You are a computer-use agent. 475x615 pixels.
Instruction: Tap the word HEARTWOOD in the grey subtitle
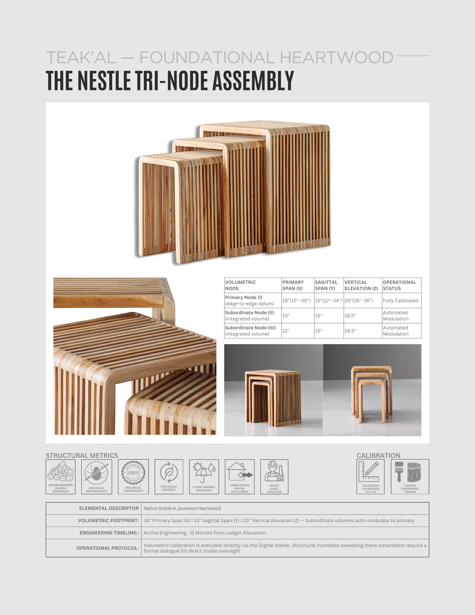point(337,58)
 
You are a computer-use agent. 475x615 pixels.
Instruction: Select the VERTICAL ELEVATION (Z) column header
point(361,285)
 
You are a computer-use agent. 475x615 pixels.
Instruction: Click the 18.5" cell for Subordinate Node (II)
point(350,316)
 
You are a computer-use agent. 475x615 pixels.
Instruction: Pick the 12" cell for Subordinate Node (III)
point(286,331)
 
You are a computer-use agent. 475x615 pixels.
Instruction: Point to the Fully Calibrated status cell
point(400,300)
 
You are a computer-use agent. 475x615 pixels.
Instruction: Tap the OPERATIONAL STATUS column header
point(399,285)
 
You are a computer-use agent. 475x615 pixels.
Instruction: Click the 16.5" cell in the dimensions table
point(350,331)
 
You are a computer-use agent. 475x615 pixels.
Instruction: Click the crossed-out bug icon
point(96,472)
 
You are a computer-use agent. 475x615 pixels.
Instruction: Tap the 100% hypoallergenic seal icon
point(133,473)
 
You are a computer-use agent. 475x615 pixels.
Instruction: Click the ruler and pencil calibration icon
point(370,471)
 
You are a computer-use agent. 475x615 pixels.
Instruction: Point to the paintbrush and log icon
point(410,472)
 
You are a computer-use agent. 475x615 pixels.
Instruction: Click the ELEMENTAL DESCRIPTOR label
point(109,508)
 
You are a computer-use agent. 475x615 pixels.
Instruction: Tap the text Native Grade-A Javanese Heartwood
point(182,508)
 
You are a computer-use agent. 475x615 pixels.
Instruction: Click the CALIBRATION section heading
point(378,455)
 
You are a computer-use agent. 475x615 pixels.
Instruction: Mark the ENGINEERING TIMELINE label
point(109,533)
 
